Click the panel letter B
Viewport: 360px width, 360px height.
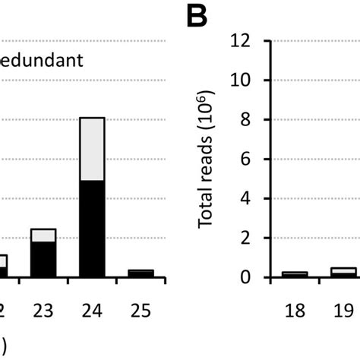click(x=197, y=15)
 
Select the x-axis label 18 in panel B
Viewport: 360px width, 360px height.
click(x=295, y=310)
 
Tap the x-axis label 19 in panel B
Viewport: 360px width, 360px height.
click(x=343, y=310)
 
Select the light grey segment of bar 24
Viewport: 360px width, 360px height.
click(x=91, y=149)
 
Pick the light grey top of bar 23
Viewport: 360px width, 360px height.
click(x=43, y=235)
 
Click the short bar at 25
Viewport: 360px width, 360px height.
click(x=141, y=273)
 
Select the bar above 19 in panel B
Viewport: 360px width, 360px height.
click(x=343, y=273)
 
